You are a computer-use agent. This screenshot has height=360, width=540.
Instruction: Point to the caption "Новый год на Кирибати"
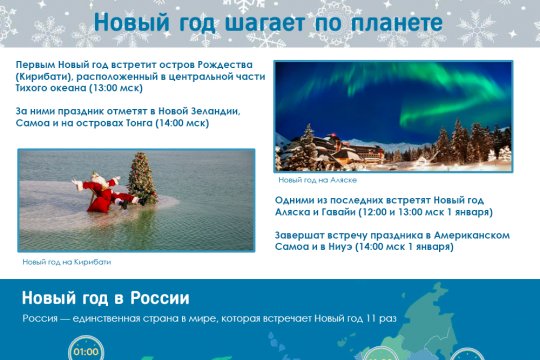(x=66, y=261)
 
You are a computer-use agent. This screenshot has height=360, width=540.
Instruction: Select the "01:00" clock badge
(x=86, y=351)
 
